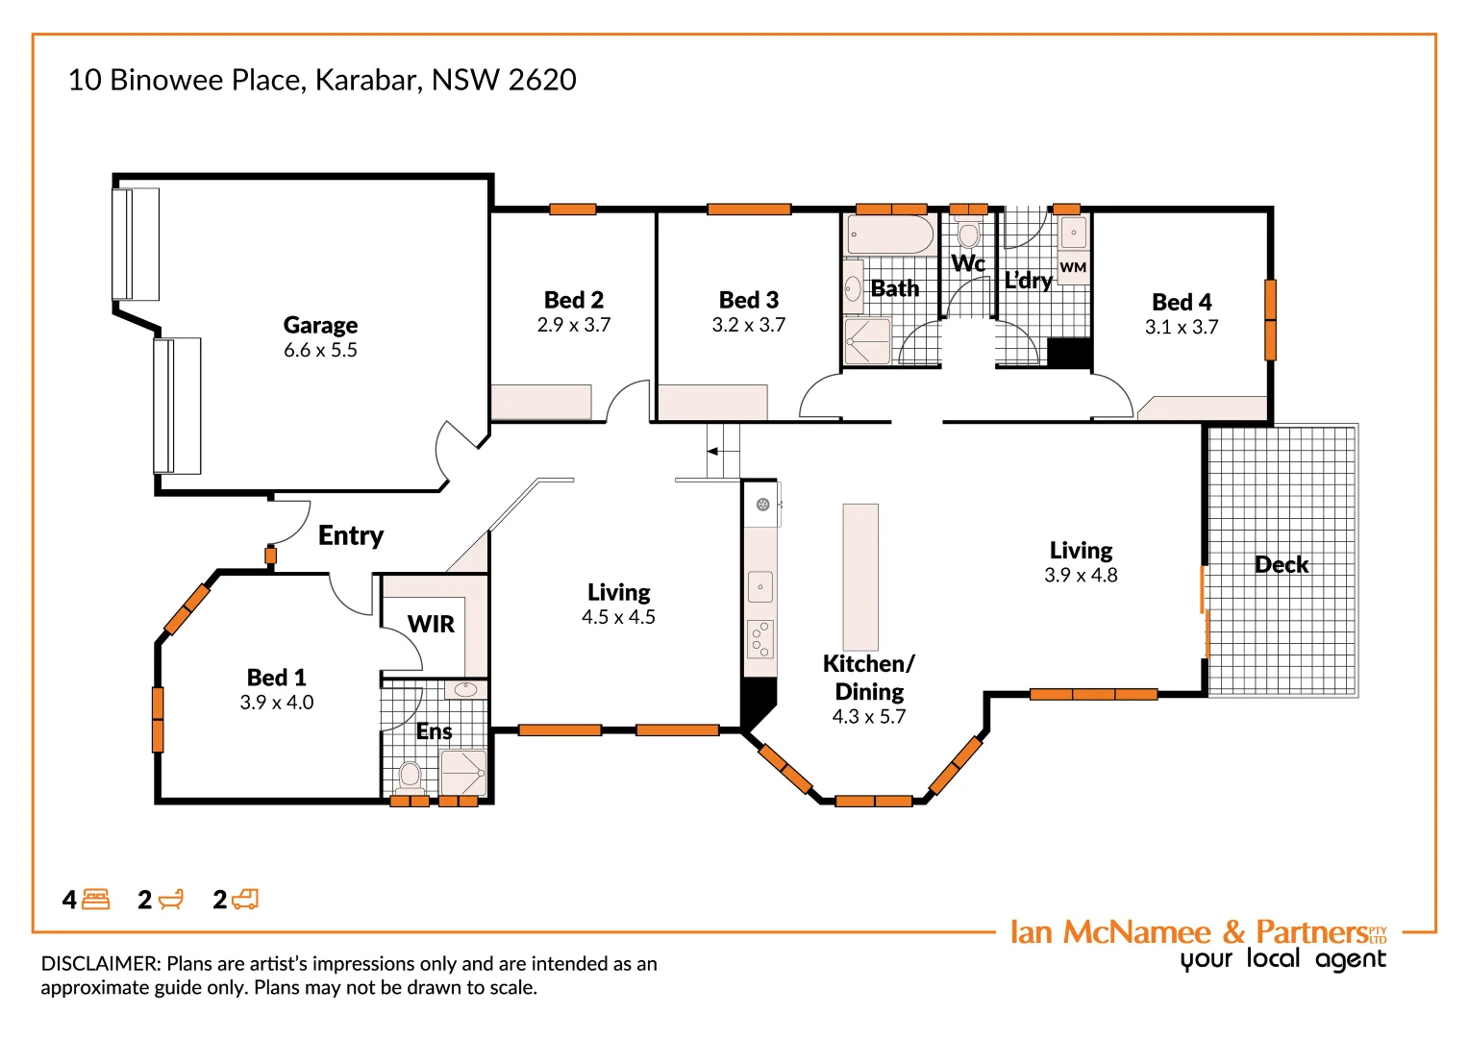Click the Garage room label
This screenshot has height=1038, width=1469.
point(320,325)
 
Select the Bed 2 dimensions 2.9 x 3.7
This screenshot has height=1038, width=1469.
point(574,325)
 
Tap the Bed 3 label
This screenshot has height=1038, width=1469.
point(748,300)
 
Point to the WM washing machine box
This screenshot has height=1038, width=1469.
point(1073,268)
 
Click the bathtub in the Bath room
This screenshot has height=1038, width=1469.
point(890,235)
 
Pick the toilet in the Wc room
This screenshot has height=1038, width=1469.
point(969,234)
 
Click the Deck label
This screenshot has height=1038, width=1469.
point(1281,564)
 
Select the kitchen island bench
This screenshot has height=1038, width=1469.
point(860,577)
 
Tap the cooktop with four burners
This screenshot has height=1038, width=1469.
point(760,639)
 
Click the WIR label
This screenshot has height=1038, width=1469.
point(431,624)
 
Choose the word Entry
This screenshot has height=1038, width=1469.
point(351,535)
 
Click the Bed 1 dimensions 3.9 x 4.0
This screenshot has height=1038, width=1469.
point(277,703)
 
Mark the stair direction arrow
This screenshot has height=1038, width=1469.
point(712,451)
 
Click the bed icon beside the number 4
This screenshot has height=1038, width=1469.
point(96,900)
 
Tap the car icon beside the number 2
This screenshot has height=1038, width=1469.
point(246,900)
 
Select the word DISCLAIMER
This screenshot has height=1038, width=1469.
point(100,963)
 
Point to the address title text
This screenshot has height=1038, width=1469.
point(322,80)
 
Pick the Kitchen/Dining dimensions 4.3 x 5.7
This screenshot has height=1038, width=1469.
point(868,716)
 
